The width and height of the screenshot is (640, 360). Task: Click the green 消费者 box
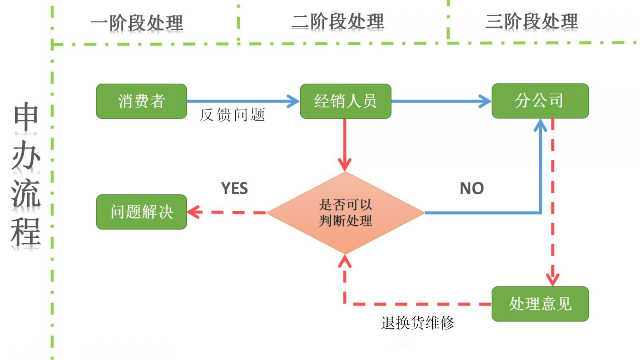pos(141,101)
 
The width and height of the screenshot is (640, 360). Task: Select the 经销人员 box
pos(345,101)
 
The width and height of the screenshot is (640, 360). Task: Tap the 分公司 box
pos(540,101)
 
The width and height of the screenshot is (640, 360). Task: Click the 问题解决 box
pos(141,212)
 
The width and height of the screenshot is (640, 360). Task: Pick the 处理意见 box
pos(540,304)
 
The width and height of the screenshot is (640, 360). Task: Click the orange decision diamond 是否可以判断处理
pos(345,213)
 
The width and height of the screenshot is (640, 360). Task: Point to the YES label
pos(234,188)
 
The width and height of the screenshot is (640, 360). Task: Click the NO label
pos(472,188)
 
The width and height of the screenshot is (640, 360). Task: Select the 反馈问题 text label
pos(232,115)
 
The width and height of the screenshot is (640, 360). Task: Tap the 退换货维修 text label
pos(417,323)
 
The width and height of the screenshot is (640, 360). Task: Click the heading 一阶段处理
pos(137,23)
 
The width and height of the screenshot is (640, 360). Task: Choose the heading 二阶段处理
pos(338,22)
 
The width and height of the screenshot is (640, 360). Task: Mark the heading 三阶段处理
pos(531,22)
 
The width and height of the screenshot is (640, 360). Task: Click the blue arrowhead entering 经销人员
pos(294,101)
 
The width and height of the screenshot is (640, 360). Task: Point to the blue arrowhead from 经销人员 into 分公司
pos(486,101)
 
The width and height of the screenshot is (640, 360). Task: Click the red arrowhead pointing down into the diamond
pos(345,165)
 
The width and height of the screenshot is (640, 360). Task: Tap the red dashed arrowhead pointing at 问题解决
pos(193,212)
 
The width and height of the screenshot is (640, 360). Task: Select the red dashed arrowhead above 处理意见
pos(552,279)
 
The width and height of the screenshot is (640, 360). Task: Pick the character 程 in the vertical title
pos(26,232)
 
